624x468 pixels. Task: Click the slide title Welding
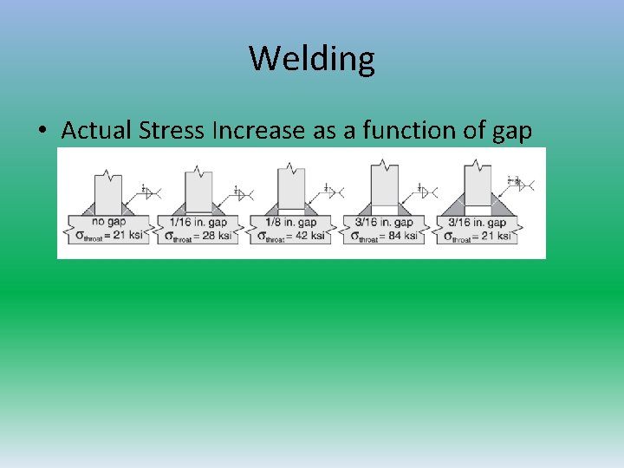(x=312, y=59)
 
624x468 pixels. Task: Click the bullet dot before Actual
(x=42, y=132)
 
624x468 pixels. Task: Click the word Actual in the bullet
(x=97, y=131)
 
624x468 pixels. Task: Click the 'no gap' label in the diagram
(x=107, y=222)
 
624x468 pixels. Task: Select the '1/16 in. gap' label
(x=198, y=222)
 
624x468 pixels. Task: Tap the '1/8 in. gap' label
(x=291, y=222)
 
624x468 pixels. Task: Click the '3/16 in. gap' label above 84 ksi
(x=385, y=222)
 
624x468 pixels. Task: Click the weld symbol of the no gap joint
(x=148, y=191)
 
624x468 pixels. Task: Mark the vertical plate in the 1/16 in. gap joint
(x=198, y=189)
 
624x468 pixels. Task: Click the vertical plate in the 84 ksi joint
(x=384, y=184)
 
